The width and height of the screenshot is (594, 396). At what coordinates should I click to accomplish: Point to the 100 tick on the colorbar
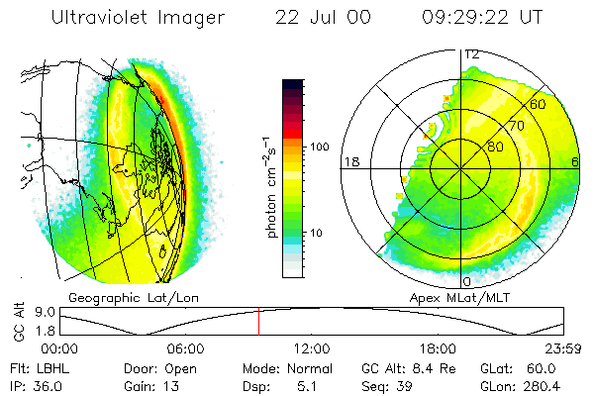coord(319,147)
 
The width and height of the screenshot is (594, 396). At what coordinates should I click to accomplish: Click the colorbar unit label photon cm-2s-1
coord(271,188)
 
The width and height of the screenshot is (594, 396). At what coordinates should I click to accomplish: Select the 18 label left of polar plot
coord(349,161)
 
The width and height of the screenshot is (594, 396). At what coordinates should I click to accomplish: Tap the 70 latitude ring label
coord(516,126)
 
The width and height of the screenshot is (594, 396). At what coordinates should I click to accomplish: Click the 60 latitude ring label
coord(538,104)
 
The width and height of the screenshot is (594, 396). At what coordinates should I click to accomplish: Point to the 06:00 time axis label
coord(185,348)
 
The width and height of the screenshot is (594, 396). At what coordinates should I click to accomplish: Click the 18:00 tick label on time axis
coord(438,348)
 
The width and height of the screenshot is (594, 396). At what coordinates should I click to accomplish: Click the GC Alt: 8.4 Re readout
coord(400,367)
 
